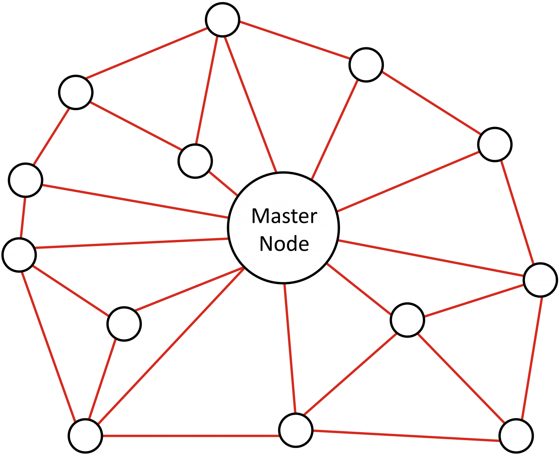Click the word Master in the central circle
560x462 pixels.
point(284,216)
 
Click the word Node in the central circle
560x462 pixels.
point(284,244)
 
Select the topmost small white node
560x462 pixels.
point(222,20)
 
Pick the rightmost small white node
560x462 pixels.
point(540,280)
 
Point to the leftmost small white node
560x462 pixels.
point(19,255)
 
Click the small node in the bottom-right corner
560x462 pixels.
point(516,436)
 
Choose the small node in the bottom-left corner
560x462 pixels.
point(85,436)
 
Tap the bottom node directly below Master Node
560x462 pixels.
point(296,430)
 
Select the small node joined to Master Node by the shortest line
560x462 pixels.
point(195,161)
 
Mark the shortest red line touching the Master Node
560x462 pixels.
point(223,183)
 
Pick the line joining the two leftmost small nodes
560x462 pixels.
point(23,217)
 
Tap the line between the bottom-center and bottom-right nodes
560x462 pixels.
point(406,436)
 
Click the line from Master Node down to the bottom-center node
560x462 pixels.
point(290,348)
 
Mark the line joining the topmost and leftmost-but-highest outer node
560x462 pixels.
point(146,53)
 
